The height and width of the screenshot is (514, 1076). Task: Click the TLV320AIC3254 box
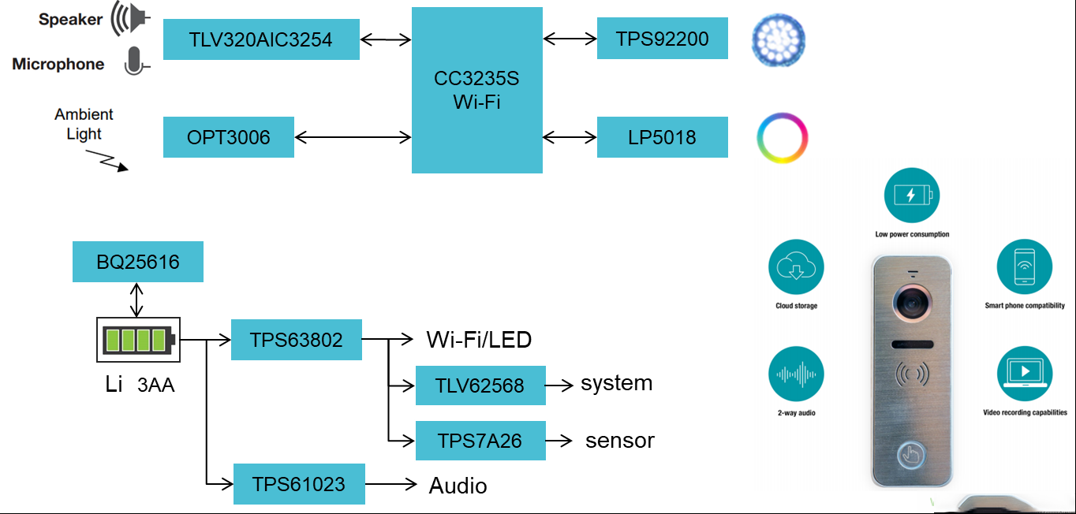click(x=261, y=39)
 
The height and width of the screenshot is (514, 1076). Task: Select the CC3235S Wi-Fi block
click(x=477, y=90)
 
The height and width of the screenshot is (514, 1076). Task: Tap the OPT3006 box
click(x=229, y=137)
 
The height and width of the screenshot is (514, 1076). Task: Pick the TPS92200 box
click(x=663, y=39)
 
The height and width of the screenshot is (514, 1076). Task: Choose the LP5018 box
click(x=663, y=137)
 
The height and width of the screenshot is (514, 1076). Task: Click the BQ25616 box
click(x=138, y=262)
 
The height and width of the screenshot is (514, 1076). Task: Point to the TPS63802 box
click(x=297, y=340)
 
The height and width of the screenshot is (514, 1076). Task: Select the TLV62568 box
click(x=480, y=385)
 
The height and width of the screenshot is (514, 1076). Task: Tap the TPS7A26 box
click(x=480, y=441)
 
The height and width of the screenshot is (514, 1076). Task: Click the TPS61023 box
click(x=299, y=484)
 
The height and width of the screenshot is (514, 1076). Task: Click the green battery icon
click(x=138, y=340)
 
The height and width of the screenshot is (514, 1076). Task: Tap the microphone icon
click(x=136, y=61)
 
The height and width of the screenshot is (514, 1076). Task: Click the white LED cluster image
click(x=779, y=39)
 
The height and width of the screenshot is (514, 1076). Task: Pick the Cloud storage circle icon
click(x=796, y=266)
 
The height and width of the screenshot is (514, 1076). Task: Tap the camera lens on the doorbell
click(x=912, y=303)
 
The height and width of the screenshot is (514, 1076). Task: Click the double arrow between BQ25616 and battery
click(x=136, y=300)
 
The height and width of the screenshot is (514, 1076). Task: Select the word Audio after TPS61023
click(x=458, y=486)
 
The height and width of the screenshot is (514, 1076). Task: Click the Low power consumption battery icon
click(x=912, y=195)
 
